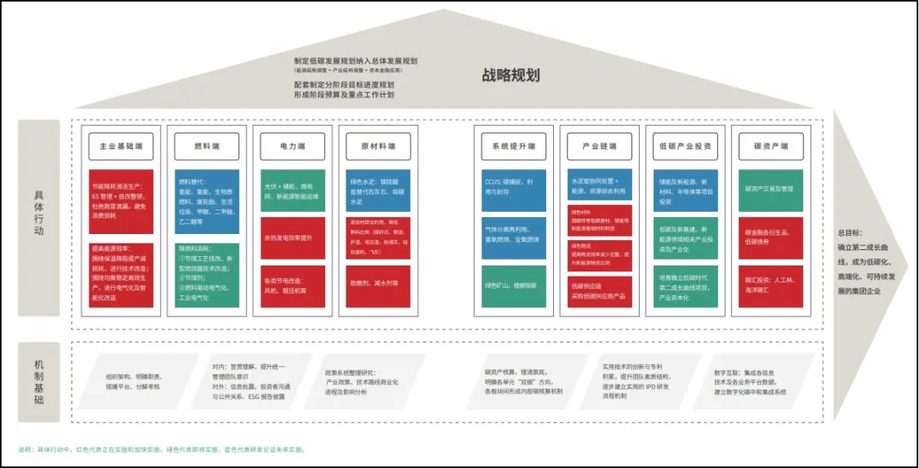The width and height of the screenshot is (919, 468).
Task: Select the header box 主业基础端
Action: tap(121, 146)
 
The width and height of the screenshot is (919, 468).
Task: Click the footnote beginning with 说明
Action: tap(162, 449)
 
